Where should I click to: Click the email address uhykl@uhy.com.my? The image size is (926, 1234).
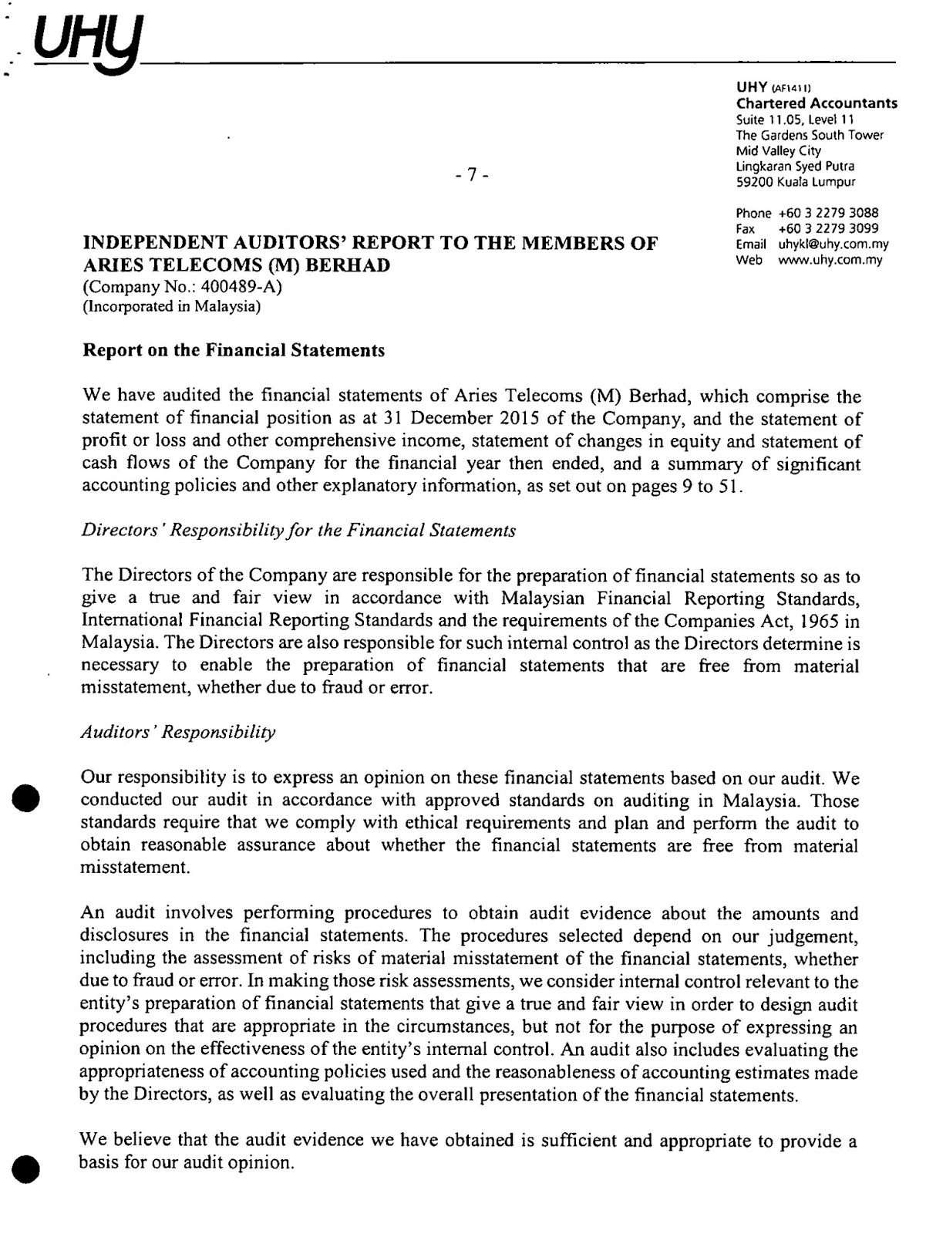click(x=833, y=244)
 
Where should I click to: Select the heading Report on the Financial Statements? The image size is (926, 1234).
click(x=233, y=351)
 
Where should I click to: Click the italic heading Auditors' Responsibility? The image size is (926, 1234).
click(x=178, y=732)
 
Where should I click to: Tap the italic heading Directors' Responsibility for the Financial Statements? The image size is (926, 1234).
click(x=298, y=531)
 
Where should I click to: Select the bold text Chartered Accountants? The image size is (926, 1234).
click(x=817, y=103)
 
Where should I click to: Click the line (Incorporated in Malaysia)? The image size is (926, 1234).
click(x=171, y=306)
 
